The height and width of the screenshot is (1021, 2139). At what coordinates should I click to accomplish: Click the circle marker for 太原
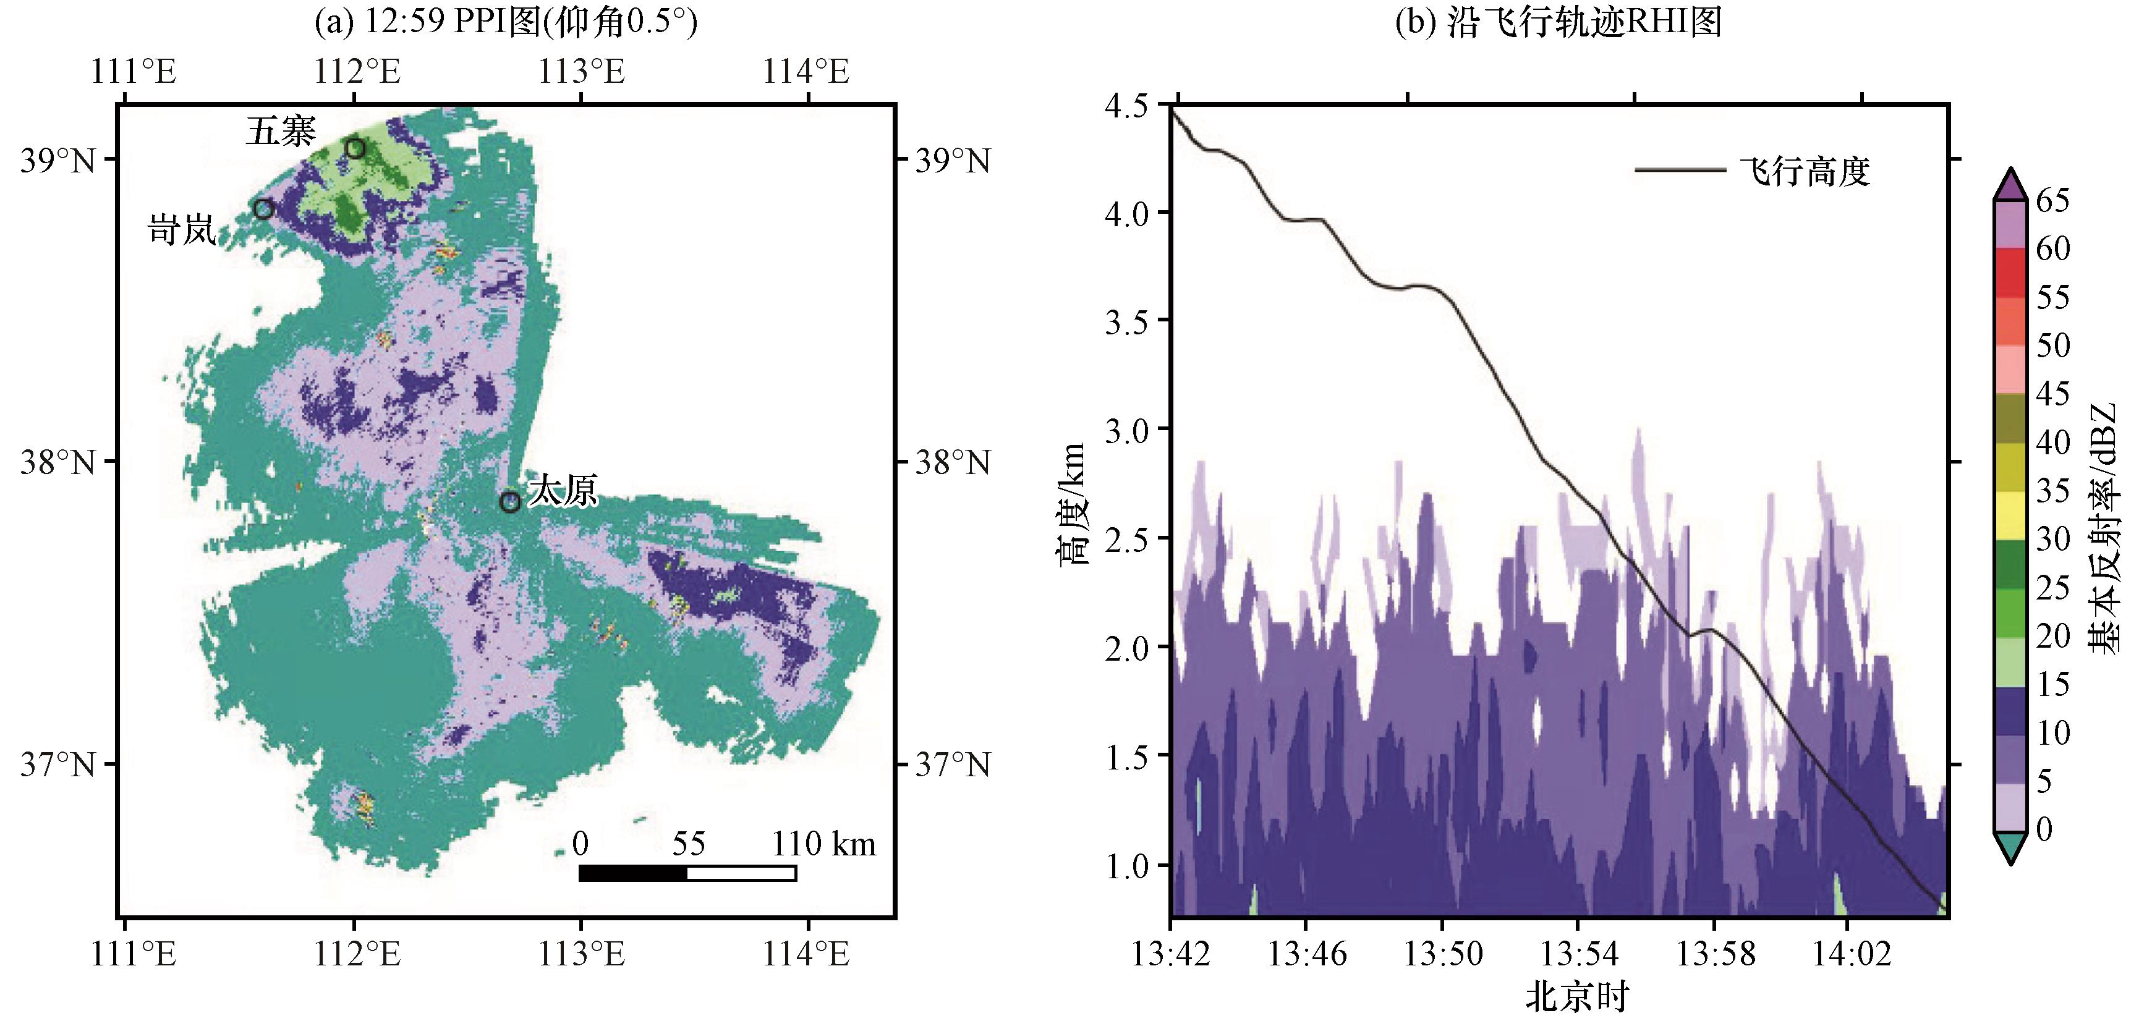(x=510, y=501)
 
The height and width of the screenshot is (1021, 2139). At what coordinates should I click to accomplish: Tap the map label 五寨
(x=281, y=131)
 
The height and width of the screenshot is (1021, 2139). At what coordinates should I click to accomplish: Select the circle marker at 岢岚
(x=263, y=209)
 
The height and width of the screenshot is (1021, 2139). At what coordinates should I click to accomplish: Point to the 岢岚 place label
(x=182, y=229)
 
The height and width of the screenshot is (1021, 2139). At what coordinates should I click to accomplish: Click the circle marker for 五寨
(x=355, y=148)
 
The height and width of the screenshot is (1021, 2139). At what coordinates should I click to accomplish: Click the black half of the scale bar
(x=632, y=873)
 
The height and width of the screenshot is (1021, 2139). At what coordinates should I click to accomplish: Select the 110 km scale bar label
(x=823, y=844)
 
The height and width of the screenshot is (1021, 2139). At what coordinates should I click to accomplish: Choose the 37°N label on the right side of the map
(x=953, y=765)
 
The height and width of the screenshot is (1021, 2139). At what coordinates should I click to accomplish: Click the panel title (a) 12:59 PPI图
(x=506, y=22)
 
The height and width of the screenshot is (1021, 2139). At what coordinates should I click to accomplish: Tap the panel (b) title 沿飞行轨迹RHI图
(x=1559, y=22)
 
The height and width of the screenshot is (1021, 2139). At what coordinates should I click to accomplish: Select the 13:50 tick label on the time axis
(x=1442, y=954)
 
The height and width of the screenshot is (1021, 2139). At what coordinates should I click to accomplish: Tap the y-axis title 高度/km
(x=1072, y=504)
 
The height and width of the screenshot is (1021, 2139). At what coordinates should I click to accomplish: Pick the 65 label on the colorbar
(x=2052, y=200)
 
